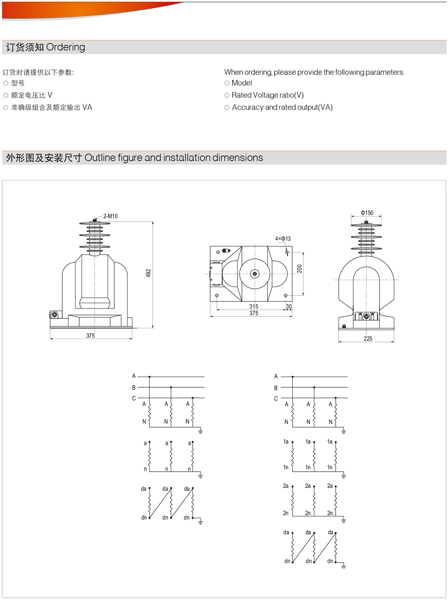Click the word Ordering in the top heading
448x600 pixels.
pyautogui.click(x=65, y=47)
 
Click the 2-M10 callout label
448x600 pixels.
pyautogui.click(x=110, y=216)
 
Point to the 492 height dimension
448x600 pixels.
pyautogui.click(x=148, y=273)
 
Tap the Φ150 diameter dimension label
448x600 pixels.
pyautogui.click(x=367, y=213)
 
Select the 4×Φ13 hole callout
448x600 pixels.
pyautogui.click(x=283, y=239)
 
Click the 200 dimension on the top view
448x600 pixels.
pyautogui.click(x=299, y=269)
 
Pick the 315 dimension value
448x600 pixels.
pyautogui.click(x=253, y=306)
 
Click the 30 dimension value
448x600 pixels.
pyautogui.click(x=289, y=306)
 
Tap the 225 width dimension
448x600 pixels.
pyautogui.click(x=368, y=338)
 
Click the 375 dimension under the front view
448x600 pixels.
pyautogui.click(x=90, y=335)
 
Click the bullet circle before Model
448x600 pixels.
pyautogui.click(x=227, y=83)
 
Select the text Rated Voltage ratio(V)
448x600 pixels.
pyautogui.click(x=267, y=95)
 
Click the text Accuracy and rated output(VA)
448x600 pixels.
pyautogui.click(x=282, y=107)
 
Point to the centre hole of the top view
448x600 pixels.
pyautogui.click(x=255, y=274)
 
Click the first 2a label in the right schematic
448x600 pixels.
pyautogui.click(x=286, y=486)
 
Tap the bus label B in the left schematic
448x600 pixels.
pyautogui.click(x=134, y=387)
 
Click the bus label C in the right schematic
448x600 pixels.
pyautogui.click(x=276, y=399)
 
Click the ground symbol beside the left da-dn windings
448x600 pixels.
pyautogui.click(x=200, y=522)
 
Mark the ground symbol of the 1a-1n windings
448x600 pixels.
pyautogui.click(x=343, y=476)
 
